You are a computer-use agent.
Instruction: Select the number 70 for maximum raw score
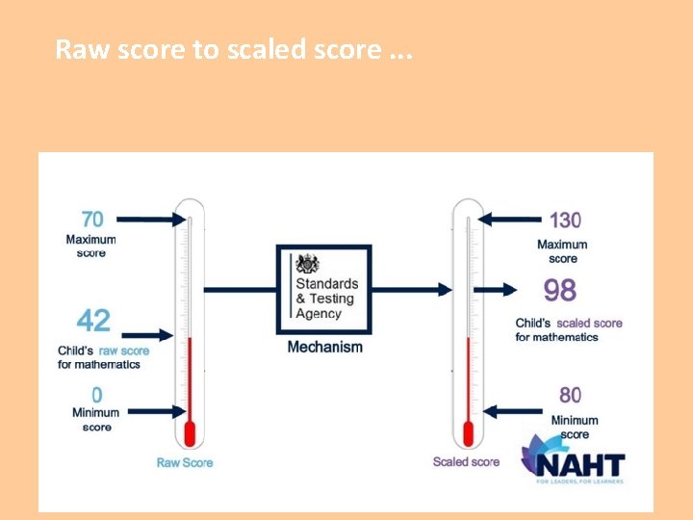(92, 220)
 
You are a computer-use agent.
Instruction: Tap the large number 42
(94, 321)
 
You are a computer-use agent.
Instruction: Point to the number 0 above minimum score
(97, 395)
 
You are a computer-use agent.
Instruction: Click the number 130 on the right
(565, 221)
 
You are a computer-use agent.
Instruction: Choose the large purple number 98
(560, 290)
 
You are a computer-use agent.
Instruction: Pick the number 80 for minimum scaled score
(571, 395)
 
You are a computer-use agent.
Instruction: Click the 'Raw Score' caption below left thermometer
(185, 462)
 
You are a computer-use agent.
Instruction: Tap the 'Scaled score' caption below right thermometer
(466, 461)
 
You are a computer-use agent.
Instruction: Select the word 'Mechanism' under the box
(325, 347)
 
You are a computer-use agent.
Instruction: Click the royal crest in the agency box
(307, 264)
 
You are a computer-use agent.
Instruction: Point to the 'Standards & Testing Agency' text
(326, 299)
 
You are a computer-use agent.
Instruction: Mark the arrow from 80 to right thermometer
(507, 411)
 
